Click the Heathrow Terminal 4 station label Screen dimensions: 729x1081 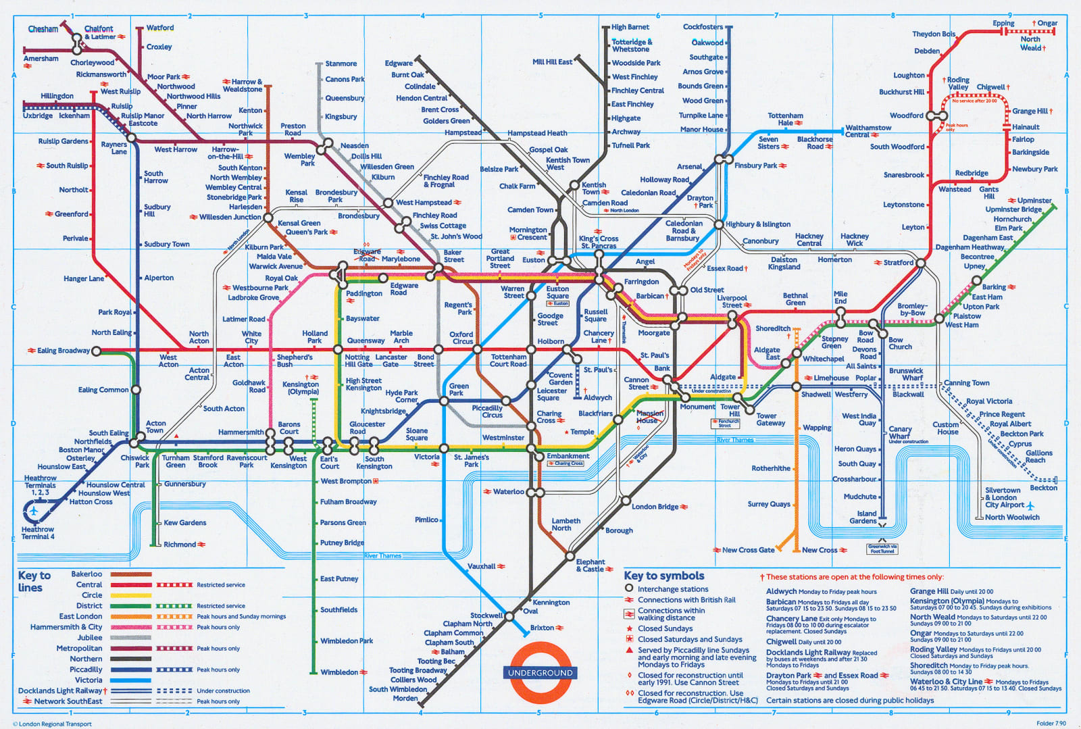[x=38, y=532]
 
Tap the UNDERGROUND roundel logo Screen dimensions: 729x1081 [x=540, y=672]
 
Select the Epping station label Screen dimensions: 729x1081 [x=1003, y=23]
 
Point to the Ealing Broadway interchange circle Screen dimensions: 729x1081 [x=96, y=351]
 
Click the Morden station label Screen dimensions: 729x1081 [x=405, y=698]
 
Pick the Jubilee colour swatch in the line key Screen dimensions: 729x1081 [x=131, y=637]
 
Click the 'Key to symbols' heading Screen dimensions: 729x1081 [x=663, y=576]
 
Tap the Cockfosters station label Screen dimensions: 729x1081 [x=703, y=27]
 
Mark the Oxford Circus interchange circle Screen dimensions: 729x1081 [x=477, y=349]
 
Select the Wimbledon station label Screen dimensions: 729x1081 [x=339, y=672]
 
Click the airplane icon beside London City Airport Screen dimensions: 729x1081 [x=1030, y=505]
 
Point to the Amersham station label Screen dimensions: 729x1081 [x=41, y=59]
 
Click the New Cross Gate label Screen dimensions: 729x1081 [x=748, y=550]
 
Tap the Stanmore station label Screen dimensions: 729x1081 [x=341, y=64]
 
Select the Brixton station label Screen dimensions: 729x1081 [x=542, y=628]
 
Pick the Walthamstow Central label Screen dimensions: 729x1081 [x=868, y=131]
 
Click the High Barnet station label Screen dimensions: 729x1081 [x=630, y=27]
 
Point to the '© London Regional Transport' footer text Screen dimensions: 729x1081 [x=53, y=724]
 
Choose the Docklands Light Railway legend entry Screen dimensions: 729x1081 [x=60, y=690]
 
